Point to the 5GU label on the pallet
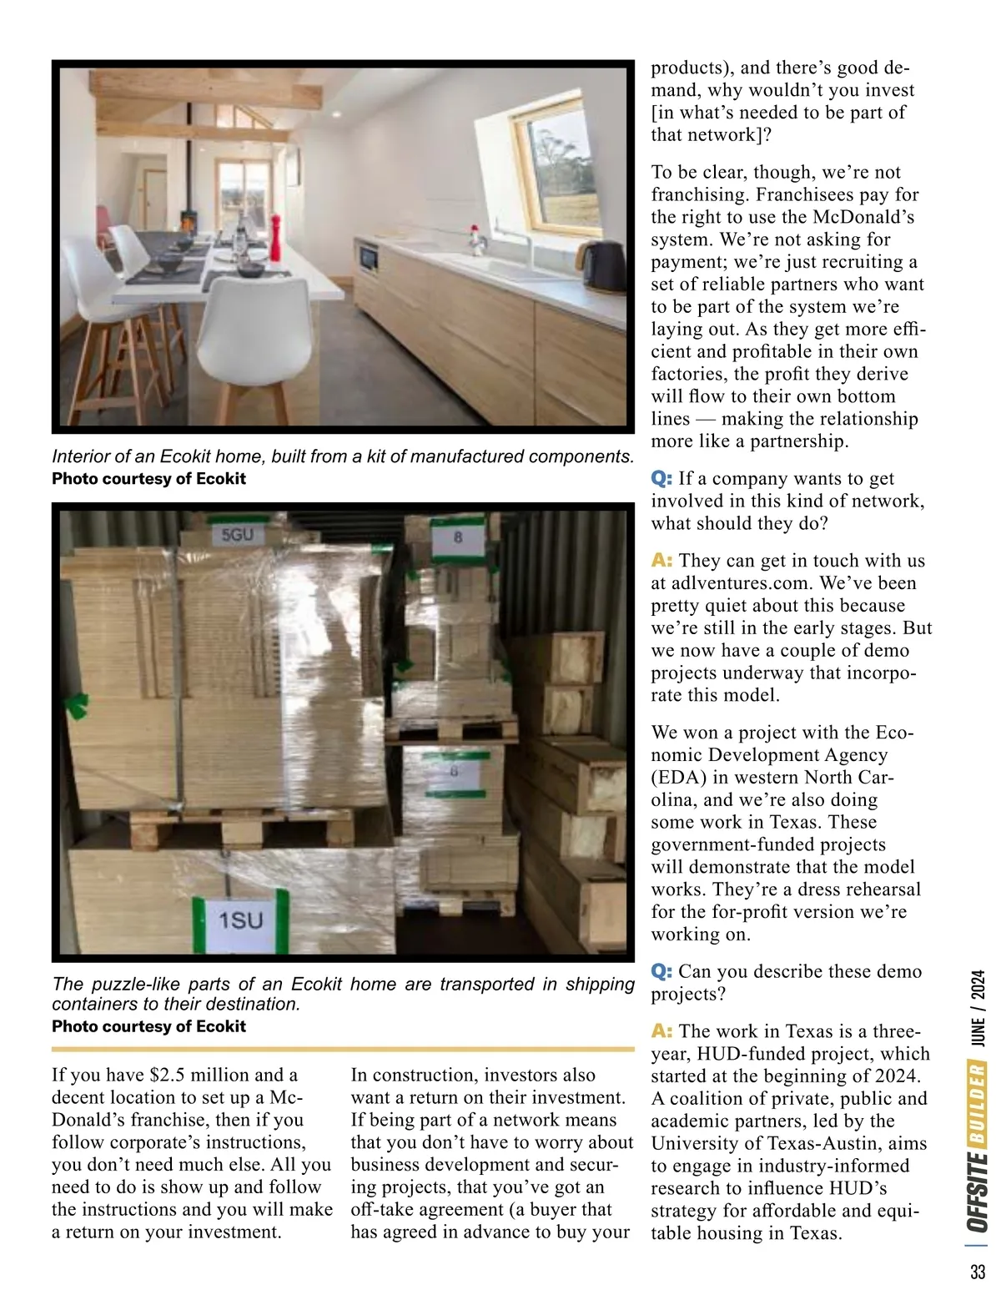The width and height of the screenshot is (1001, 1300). (238, 536)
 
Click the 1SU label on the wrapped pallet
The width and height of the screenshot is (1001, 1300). (240, 920)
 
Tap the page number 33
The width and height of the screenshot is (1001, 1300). (978, 1272)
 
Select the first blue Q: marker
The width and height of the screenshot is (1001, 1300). (661, 478)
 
